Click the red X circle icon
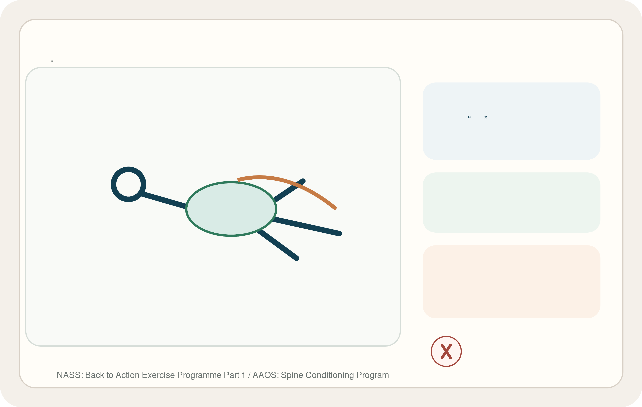[x=446, y=351]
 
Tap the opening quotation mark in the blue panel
[x=469, y=117]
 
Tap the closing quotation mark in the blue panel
[x=486, y=117]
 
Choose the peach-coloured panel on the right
[x=511, y=282]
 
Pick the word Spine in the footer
[x=292, y=375]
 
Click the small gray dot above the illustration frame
[x=52, y=61]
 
